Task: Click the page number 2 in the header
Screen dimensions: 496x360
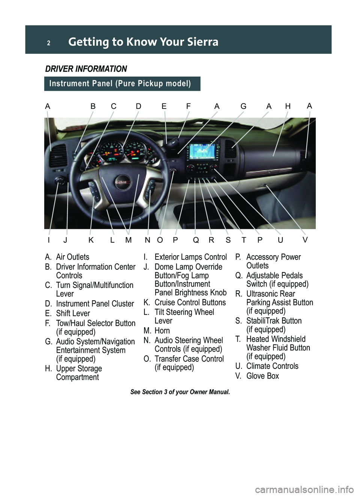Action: click(48, 43)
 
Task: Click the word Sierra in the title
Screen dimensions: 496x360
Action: click(202, 42)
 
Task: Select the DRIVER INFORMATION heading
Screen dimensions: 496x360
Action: click(86, 69)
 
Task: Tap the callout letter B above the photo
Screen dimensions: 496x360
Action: click(93, 107)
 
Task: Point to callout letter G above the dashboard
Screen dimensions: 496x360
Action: click(243, 107)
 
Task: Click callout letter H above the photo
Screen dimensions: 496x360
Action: click(288, 107)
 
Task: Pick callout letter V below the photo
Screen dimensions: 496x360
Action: click(305, 240)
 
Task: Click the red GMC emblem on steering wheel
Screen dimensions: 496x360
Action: click(123, 183)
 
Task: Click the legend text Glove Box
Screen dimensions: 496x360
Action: click(262, 376)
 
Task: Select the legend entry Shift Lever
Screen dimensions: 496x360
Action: click(73, 313)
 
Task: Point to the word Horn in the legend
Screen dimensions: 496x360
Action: click(162, 331)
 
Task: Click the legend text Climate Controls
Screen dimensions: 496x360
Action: click(272, 366)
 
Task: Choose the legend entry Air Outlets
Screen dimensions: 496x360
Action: click(72, 257)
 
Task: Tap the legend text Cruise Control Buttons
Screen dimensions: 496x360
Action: click(190, 302)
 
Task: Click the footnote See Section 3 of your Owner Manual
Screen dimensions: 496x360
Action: click(180, 392)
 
